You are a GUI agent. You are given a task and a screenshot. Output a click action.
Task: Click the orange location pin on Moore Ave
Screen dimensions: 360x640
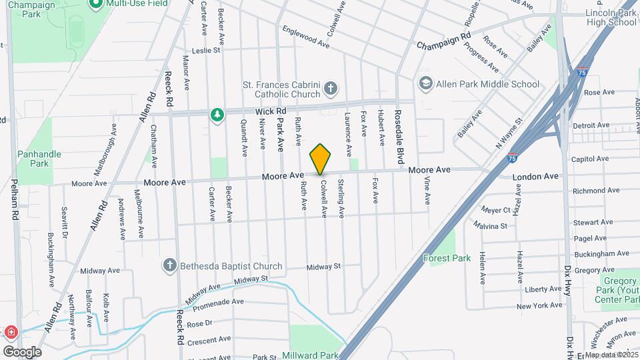320,159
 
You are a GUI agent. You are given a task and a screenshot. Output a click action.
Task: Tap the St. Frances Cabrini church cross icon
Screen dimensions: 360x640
331,89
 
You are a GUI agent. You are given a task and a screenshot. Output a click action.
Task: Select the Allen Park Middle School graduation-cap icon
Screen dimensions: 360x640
425,84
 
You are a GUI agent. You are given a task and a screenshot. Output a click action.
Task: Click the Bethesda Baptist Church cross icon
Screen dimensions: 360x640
170,266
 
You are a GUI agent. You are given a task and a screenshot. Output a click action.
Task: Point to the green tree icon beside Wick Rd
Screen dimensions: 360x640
216,115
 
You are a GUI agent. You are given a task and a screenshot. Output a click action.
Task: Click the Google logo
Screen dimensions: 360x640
22,351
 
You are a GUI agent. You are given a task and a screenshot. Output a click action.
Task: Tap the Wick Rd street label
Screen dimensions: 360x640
270,111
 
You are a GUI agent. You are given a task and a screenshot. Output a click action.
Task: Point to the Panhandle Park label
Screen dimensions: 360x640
39,159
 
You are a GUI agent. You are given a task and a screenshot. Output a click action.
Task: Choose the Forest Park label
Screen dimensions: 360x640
447,258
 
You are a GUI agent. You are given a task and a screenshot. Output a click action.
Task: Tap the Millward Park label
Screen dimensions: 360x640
310,355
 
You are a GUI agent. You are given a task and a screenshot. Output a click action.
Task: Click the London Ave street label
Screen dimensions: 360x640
535,177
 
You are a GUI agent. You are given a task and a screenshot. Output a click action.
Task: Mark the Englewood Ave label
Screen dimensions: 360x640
306,37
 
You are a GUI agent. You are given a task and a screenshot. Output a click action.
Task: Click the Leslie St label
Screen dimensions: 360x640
205,50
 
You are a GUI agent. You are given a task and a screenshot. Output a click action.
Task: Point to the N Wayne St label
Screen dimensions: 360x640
508,134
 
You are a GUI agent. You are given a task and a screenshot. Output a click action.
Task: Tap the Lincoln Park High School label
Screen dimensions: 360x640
611,18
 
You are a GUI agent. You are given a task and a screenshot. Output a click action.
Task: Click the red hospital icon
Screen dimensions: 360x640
10,332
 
